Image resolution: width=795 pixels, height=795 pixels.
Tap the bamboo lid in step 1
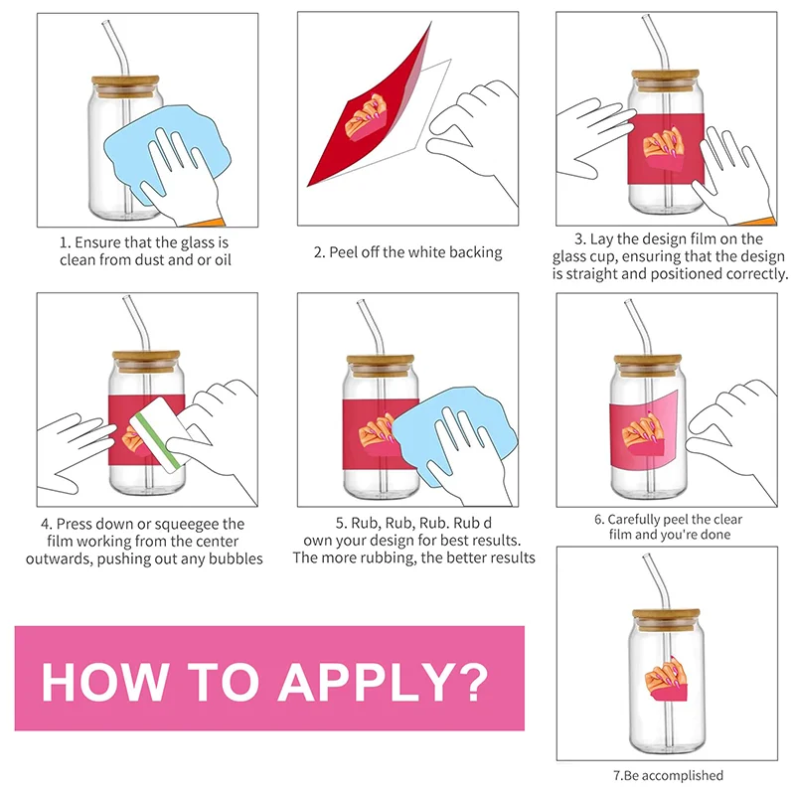click(x=125, y=86)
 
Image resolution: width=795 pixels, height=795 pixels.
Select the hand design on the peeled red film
click(x=366, y=117)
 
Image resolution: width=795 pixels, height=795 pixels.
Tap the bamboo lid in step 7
click(x=666, y=619)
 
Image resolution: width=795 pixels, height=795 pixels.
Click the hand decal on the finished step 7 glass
click(x=666, y=680)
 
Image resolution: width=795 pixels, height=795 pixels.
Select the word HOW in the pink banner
click(x=104, y=682)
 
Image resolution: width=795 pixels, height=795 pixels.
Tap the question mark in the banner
click(x=469, y=682)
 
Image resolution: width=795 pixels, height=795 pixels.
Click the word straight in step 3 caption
click(x=591, y=274)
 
